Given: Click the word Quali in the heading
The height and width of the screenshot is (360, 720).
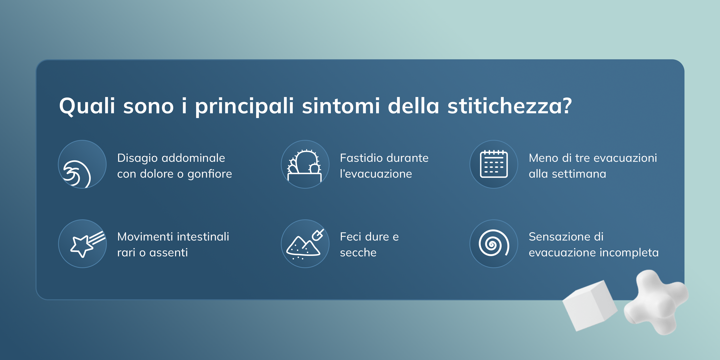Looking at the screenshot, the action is [x=87, y=106].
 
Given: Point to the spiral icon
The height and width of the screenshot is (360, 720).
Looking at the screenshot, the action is [x=494, y=243].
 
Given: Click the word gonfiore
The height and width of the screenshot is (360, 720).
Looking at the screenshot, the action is [x=210, y=174].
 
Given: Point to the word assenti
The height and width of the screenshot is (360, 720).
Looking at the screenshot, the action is [x=168, y=253].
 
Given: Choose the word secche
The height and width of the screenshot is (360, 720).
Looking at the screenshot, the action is [x=358, y=253].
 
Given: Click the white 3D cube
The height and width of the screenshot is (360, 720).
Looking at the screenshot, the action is [x=590, y=306].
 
